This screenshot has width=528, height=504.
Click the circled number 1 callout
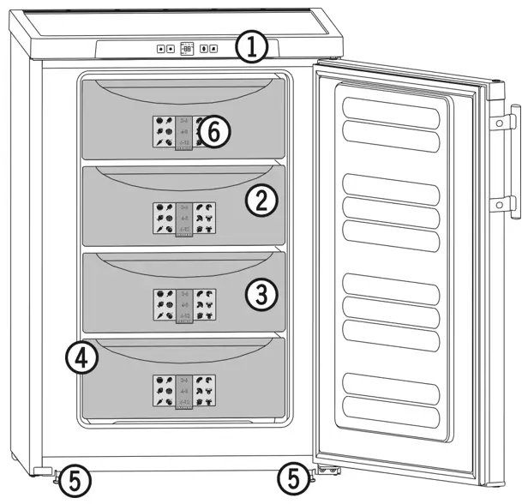tap(252, 46)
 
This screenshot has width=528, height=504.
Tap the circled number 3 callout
tap(261, 294)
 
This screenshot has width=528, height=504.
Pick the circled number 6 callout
tap(215, 131)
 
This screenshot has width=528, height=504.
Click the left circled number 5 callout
tap(75, 483)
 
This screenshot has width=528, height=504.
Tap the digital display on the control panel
tap(187, 49)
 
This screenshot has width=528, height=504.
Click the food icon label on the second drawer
tap(183, 219)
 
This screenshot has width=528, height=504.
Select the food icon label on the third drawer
tap(183, 304)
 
